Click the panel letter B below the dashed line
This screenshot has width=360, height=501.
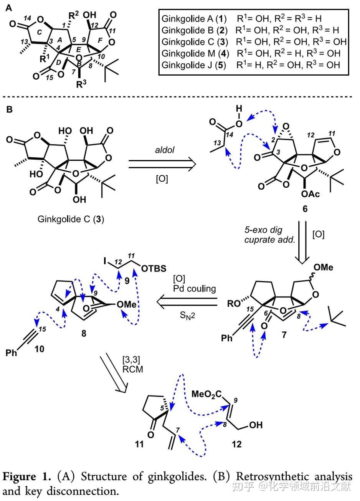(x=9, y=110)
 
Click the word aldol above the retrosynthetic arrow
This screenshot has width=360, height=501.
(x=162, y=150)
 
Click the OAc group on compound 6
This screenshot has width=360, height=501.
(x=309, y=195)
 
